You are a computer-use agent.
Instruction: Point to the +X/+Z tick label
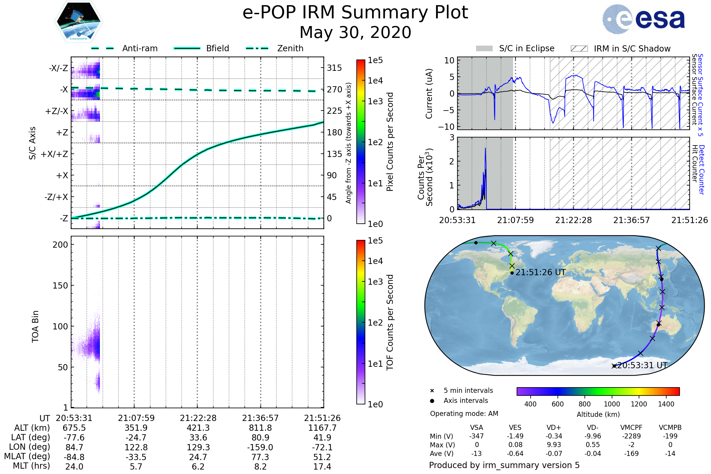(55, 154)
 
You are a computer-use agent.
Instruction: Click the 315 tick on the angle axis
(334, 68)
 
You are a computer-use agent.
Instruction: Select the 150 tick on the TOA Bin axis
(60, 286)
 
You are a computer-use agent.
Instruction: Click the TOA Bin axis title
(35, 326)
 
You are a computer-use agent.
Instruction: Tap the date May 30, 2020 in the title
(355, 32)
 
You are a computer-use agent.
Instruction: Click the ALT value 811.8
(260, 428)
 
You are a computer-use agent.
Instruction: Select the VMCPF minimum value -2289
(631, 436)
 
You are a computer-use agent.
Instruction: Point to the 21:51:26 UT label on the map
(540, 272)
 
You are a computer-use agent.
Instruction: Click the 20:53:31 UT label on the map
(642, 366)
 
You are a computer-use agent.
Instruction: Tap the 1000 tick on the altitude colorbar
(612, 404)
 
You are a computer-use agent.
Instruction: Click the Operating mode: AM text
(464, 414)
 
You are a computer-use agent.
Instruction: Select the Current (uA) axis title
(429, 94)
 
